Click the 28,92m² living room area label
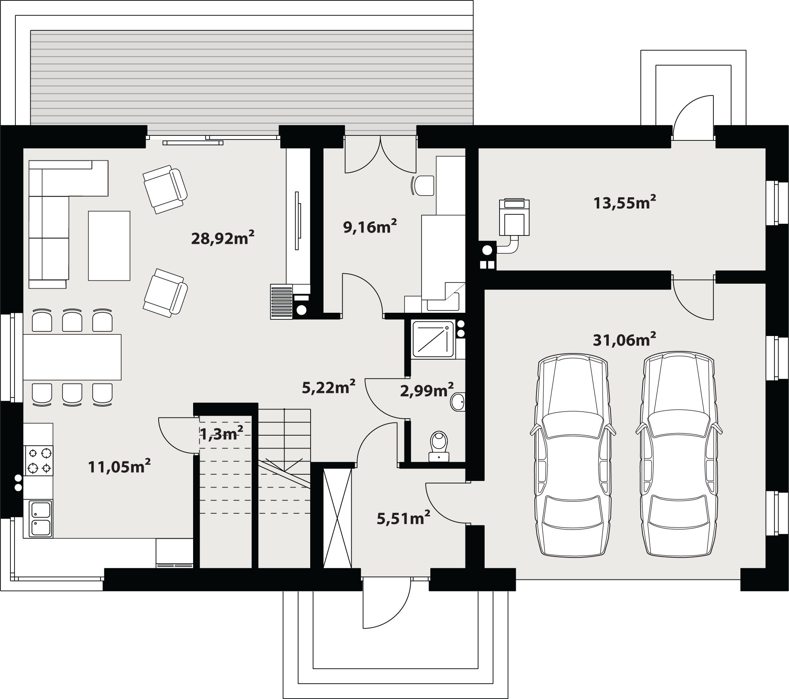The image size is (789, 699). tap(223, 238)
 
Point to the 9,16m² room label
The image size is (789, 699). tap(370, 226)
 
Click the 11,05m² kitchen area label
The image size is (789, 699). tap(119, 466)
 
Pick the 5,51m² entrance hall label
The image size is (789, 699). tap(403, 518)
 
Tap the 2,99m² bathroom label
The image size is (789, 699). tap(427, 390)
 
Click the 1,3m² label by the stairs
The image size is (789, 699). tap(221, 434)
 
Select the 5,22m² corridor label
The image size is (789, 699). tap(328, 387)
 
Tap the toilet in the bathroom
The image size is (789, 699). tap(439, 446)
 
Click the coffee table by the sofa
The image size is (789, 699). tap(109, 245)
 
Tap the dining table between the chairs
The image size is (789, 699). tap(72, 357)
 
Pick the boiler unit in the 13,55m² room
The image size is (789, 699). tap(514, 217)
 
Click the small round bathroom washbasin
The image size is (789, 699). tap(458, 402)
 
